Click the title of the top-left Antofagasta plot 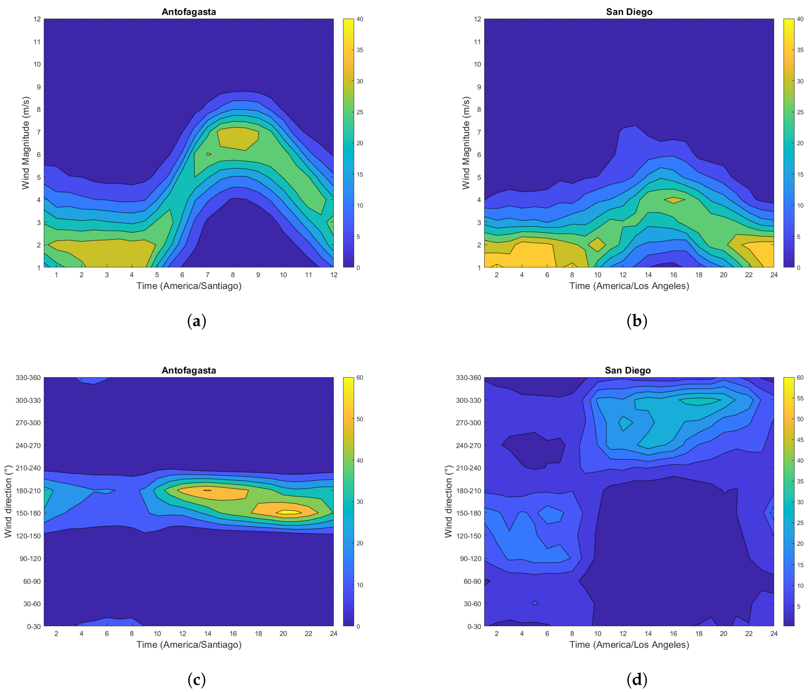tap(189, 12)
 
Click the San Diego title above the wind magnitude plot tap(629, 12)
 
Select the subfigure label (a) tap(197, 321)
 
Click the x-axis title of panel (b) tap(629, 286)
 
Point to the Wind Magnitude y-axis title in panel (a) tap(26, 143)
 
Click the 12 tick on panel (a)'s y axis tap(37, 19)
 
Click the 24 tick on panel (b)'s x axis tap(774, 275)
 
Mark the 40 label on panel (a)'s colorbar tap(359, 19)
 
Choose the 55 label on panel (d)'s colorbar tap(800, 398)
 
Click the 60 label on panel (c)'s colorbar tap(359, 378)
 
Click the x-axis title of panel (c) tap(189, 644)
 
